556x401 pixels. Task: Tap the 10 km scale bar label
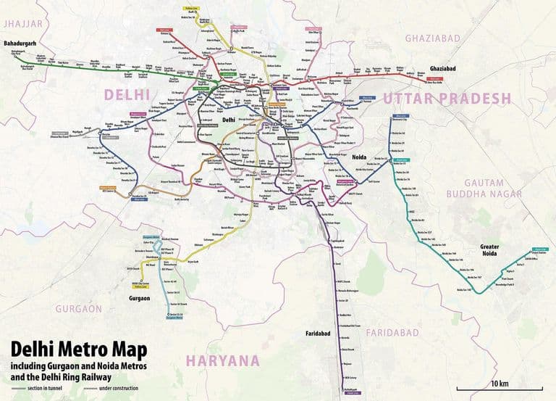pos(500,383)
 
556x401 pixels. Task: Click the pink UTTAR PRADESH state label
pos(447,99)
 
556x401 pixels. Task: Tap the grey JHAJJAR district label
pos(23,24)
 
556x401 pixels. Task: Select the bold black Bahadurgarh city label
pos(20,44)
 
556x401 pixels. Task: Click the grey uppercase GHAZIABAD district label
pos(433,37)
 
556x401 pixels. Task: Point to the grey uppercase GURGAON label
pos(79,308)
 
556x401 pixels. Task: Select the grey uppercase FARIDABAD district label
pos(392,332)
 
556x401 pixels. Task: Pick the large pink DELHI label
pos(126,94)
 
